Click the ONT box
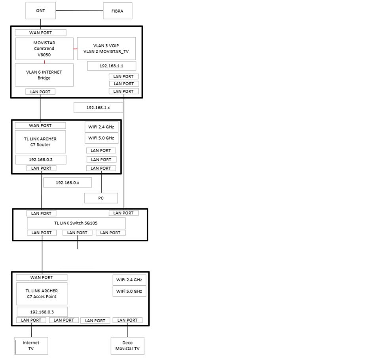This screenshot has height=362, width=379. tap(40, 11)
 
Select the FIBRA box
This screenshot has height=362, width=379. tap(117, 11)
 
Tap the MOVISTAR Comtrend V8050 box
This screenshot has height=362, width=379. tap(44, 49)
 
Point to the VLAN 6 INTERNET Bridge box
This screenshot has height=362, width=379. tap(44, 75)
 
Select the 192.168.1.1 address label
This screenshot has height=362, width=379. tap(111, 66)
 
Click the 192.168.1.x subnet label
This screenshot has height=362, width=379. tap(98, 108)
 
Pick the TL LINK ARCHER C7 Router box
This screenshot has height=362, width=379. tap(40, 142)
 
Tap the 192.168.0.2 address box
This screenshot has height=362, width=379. tap(41, 159)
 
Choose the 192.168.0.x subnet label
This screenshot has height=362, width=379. tap(67, 182)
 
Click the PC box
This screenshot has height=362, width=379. tap(101, 198)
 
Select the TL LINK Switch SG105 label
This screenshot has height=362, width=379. tap(76, 223)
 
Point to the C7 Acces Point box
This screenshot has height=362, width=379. tap(42, 294)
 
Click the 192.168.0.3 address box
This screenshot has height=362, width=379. tap(42, 311)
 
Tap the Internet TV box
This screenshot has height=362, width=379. tap(31, 346)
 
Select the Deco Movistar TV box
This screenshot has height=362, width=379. tap(127, 346)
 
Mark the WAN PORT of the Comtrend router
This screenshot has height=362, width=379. tap(40, 32)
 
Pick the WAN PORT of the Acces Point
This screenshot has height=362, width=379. tap(42, 277)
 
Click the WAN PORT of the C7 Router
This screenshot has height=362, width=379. tap(40, 125)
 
